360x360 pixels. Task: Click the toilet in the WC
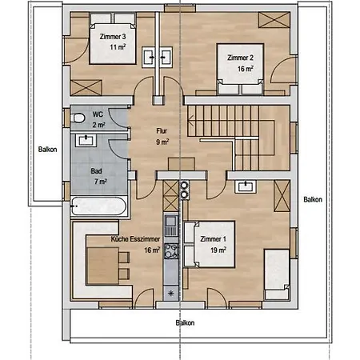coord(78,118)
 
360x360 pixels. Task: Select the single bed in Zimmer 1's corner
coord(278,273)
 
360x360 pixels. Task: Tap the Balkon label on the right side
coord(313,199)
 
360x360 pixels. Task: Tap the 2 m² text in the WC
coord(99,126)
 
